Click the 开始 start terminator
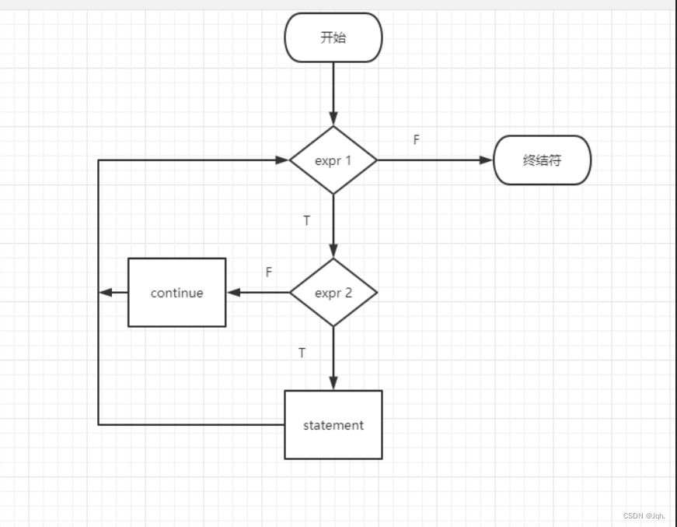coord(333,37)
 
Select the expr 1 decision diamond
coord(333,160)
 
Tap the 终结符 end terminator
coord(542,160)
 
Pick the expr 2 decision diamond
coord(333,293)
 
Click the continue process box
coord(177,293)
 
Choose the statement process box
coord(333,425)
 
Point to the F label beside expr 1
coord(417,140)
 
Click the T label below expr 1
coord(306,221)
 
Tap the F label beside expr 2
coord(269,272)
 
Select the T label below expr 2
coord(302,353)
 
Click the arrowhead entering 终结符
coord(487,160)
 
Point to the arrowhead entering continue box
coord(233,293)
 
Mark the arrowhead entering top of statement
coord(333,383)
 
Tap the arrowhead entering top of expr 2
coord(333,251)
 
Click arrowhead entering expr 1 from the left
coord(283,160)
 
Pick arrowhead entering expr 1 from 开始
coord(333,119)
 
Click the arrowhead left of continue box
coord(106,293)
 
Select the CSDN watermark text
coord(644,516)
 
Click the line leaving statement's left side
coord(194,424)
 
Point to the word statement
coord(333,425)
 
